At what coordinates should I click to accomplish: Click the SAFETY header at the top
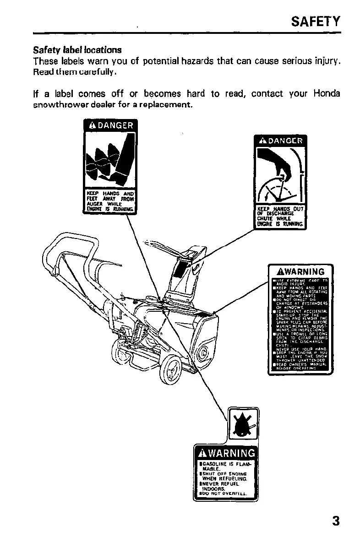pos(316,21)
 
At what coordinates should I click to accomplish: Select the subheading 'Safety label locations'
pos(77,49)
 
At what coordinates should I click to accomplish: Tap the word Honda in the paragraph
pos(327,94)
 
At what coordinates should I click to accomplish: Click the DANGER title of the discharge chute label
pos(280,141)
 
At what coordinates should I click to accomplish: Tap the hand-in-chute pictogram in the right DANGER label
pos(280,176)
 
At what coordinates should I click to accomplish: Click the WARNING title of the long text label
pos(300,271)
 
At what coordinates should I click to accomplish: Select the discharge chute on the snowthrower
pos(187,268)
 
